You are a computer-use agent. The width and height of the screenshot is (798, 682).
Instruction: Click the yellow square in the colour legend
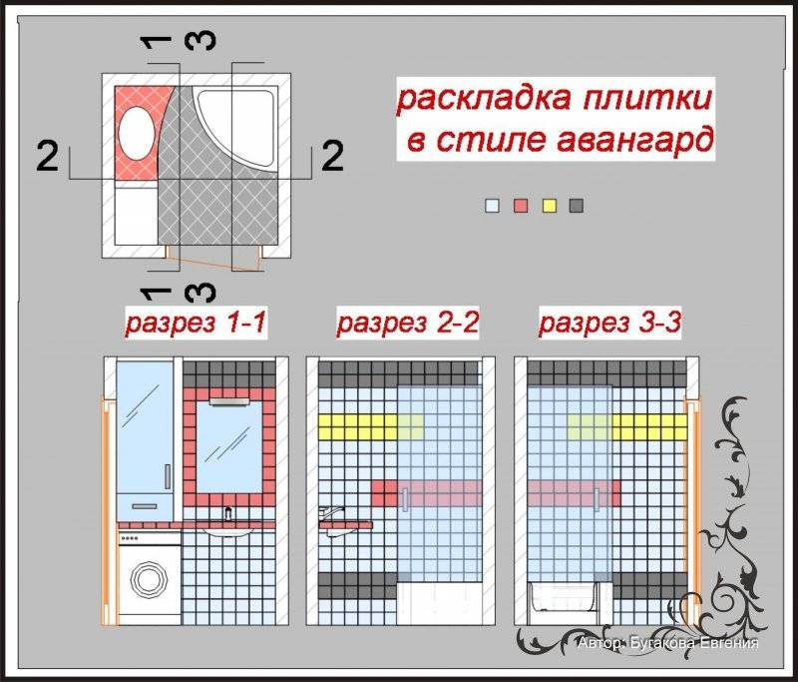[547, 206]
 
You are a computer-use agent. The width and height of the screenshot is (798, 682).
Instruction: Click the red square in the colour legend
[519, 206]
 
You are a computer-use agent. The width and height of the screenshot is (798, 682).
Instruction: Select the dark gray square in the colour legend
[576, 206]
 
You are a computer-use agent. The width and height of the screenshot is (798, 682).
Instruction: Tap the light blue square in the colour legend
[491, 206]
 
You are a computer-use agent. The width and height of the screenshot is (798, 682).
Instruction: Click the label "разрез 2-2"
[408, 323]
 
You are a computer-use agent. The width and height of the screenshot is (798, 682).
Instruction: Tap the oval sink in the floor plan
[138, 134]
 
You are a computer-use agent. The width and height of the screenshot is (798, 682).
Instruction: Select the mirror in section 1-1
[227, 445]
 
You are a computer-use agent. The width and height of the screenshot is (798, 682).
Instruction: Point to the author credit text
[667, 643]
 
